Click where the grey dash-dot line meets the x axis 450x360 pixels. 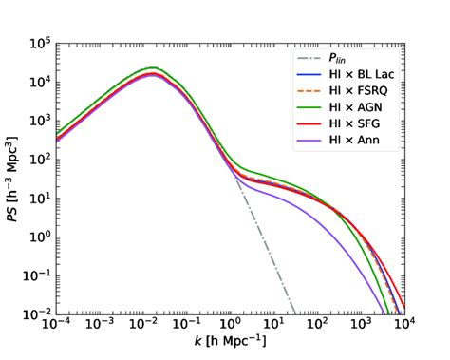[295, 314]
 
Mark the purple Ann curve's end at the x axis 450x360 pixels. [386, 314]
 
